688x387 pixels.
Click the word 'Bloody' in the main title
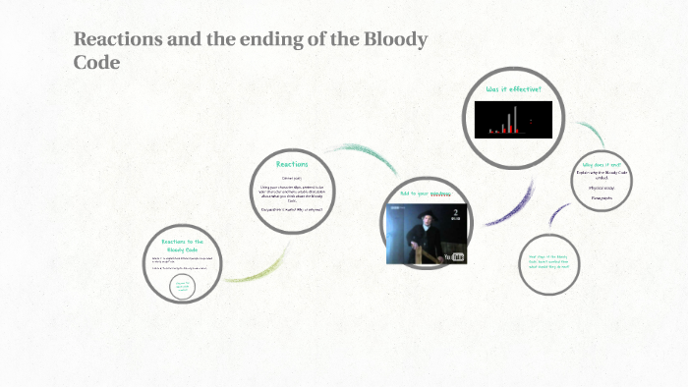tap(392, 40)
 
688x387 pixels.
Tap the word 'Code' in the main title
tap(97, 62)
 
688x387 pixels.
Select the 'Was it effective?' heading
tap(513, 89)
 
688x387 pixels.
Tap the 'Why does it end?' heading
tap(602, 163)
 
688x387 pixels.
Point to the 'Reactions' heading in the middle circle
tap(292, 164)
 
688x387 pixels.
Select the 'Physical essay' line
tap(602, 185)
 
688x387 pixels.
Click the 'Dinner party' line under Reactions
tap(292, 177)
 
